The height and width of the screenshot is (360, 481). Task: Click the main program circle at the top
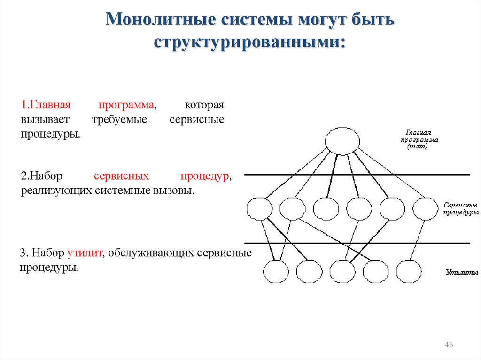343,141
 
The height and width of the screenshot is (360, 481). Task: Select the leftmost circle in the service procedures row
259,208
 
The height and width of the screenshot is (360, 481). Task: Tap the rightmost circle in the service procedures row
426,208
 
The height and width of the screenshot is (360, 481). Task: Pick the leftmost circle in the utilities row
276,271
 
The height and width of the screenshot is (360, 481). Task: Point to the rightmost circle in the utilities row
409,271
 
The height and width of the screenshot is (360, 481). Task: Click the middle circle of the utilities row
342,271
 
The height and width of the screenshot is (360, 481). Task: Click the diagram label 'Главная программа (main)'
419,139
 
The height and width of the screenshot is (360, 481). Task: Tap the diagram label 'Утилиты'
462,272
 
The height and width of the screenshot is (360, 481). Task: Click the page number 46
449,345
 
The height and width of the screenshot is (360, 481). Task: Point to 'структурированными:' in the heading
250,42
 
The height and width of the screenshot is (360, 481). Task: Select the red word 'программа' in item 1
126,104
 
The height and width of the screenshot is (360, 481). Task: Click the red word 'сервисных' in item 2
122,176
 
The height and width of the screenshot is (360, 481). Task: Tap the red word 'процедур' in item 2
205,176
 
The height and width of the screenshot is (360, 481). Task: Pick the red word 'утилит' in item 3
87,253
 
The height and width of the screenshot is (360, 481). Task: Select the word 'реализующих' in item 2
56,191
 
